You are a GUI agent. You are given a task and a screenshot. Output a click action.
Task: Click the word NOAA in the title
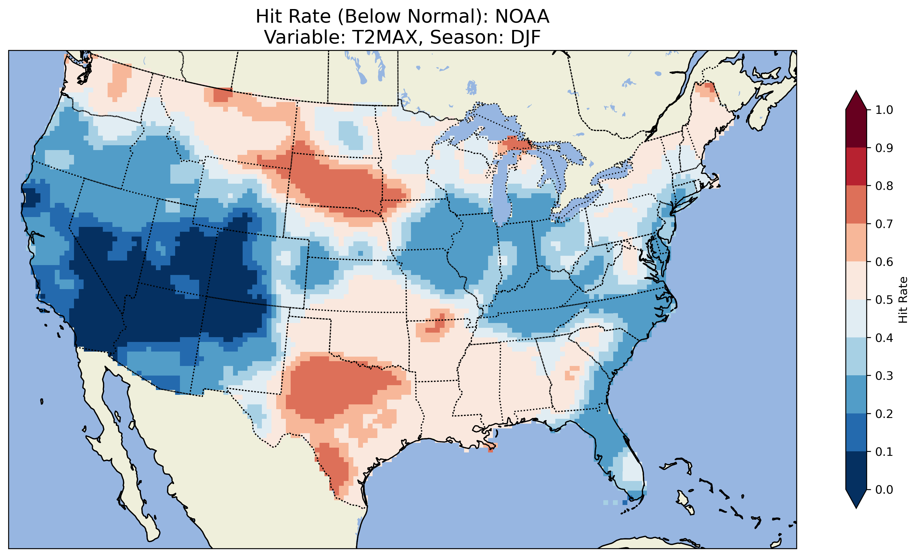click(x=522, y=17)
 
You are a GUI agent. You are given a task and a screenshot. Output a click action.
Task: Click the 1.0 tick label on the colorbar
click(x=884, y=110)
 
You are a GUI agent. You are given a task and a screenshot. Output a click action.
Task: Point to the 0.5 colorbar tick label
click(x=884, y=300)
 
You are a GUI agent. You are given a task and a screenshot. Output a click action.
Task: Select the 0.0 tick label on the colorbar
click(x=884, y=489)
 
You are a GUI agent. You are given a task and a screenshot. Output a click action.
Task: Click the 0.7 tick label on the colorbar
click(x=884, y=224)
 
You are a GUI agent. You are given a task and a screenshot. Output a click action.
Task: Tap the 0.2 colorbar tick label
click(x=884, y=414)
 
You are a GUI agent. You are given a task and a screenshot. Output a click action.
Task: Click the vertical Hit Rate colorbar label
click(x=902, y=300)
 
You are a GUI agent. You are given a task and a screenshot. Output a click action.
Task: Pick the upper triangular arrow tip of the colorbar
click(x=856, y=100)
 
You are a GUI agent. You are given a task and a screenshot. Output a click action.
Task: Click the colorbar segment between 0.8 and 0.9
click(x=856, y=167)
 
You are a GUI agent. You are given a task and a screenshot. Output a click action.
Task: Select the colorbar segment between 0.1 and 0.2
click(x=856, y=432)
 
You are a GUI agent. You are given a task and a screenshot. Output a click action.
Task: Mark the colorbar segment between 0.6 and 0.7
click(x=856, y=243)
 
